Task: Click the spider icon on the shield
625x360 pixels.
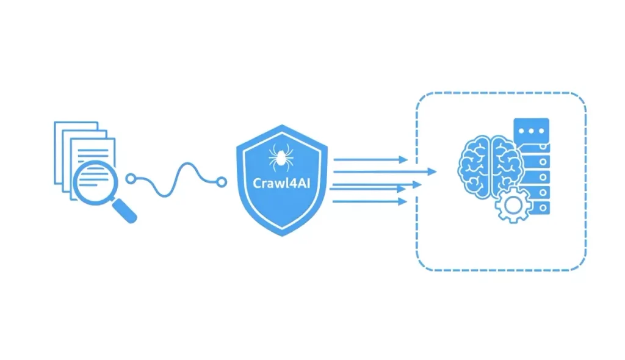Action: (281, 157)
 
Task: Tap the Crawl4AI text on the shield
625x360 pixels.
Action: (281, 183)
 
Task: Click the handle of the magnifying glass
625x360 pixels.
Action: (125, 211)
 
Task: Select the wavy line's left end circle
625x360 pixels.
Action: (131, 179)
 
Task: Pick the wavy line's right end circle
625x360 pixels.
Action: (222, 182)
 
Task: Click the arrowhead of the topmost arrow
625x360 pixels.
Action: (403, 160)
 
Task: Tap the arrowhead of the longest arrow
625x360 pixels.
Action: (432, 172)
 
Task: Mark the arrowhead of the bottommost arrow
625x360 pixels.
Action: (402, 202)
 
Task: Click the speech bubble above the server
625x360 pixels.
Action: (532, 131)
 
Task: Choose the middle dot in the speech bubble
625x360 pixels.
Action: (532, 131)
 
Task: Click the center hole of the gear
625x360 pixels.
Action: (513, 205)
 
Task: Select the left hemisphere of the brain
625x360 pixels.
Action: (474, 167)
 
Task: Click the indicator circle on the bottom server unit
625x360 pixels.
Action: (543, 208)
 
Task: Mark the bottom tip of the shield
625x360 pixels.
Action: (282, 236)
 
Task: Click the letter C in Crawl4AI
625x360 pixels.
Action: (258, 184)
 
